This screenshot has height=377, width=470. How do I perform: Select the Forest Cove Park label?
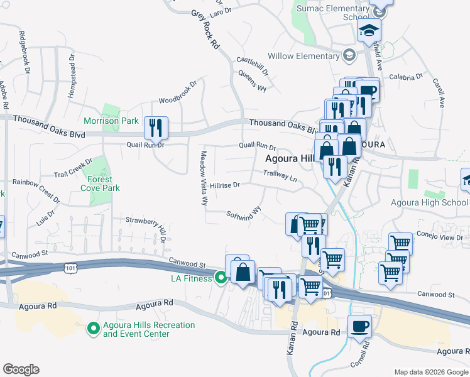click(104, 183)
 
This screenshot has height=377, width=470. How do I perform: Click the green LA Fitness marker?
click(221, 277)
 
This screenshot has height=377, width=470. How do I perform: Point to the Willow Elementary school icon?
click(348, 56)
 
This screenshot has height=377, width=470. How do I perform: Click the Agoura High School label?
click(429, 202)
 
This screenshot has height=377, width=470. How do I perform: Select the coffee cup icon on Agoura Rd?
click(359, 327)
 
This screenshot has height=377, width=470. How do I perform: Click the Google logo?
click(21, 369)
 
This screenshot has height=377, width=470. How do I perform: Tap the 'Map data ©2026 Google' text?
click(430, 372)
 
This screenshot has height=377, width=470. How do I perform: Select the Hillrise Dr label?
click(225, 185)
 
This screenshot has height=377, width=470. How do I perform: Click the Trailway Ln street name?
click(280, 175)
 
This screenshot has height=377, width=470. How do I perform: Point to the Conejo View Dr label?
click(444, 238)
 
